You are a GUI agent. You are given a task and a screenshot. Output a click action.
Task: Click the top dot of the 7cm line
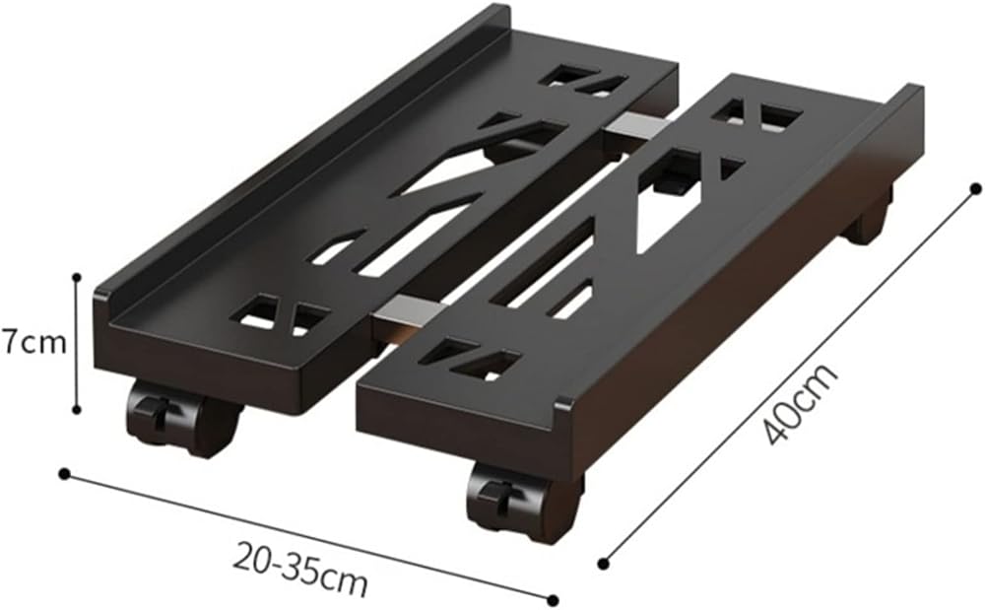point(77,276)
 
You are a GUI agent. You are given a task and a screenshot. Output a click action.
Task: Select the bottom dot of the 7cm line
point(77,410)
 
